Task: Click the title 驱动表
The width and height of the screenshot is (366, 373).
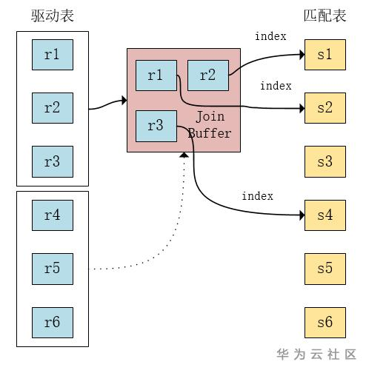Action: coord(52,16)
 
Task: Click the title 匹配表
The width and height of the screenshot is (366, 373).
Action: coord(325,16)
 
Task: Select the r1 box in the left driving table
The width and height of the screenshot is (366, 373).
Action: coord(52,54)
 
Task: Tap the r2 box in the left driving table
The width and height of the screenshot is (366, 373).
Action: coord(52,108)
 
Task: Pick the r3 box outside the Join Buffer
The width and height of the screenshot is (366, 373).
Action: coord(52,161)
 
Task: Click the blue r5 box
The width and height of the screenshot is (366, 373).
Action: coord(52,269)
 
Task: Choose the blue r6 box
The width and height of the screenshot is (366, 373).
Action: coord(52,323)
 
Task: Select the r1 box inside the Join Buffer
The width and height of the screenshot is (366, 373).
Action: coord(156,75)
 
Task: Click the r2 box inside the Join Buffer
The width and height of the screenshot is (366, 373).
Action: coord(207,75)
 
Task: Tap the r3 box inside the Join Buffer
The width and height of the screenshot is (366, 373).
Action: coord(156,126)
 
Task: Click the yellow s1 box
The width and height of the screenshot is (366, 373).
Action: coord(325,55)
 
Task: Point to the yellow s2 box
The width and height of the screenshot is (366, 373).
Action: coord(325,108)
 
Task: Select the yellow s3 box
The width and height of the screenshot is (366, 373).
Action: coord(325,161)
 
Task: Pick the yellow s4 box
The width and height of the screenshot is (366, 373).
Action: coord(325,215)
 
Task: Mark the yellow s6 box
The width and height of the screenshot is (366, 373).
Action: coord(325,323)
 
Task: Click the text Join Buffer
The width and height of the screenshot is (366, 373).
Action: coord(210,125)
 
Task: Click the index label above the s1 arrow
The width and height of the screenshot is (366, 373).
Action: coord(270,36)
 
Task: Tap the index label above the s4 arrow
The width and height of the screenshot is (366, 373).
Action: coord(257,196)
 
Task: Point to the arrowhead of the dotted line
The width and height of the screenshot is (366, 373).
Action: coord(183,155)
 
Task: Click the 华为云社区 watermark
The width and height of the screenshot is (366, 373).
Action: coord(316,354)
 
